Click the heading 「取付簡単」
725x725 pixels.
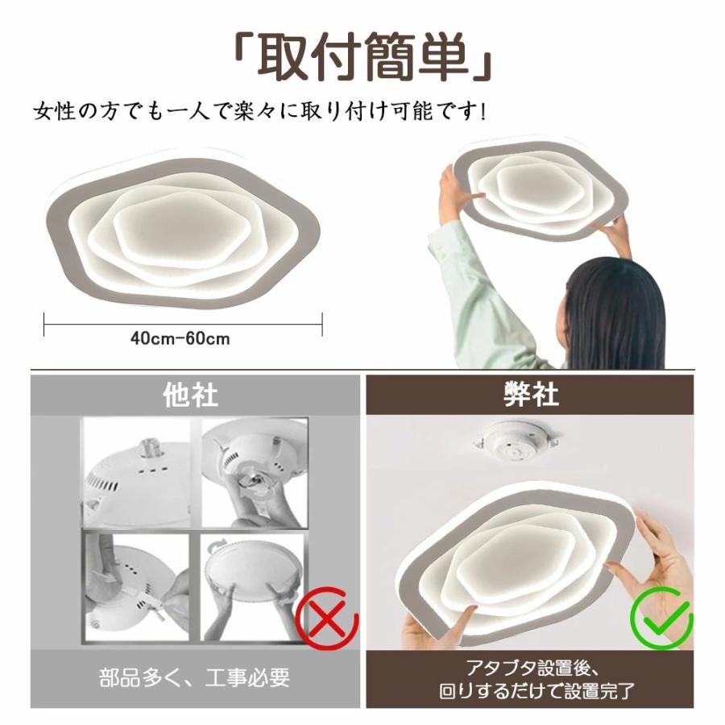click(x=362, y=58)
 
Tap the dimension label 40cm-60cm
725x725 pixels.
click(x=180, y=339)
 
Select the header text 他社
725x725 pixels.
click(x=190, y=396)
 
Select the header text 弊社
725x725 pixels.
click(x=532, y=395)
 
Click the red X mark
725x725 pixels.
click(x=327, y=617)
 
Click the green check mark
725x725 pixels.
click(x=662, y=618)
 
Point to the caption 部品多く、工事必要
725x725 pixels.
click(x=195, y=677)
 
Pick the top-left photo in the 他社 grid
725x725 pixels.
click(x=137, y=473)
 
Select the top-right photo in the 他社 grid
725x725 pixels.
click(x=255, y=473)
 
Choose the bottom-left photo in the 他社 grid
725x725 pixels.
click(x=137, y=587)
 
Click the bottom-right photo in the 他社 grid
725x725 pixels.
click(x=254, y=587)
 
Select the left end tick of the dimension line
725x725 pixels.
click(x=44, y=324)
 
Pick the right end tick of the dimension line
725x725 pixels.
click(x=321, y=324)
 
